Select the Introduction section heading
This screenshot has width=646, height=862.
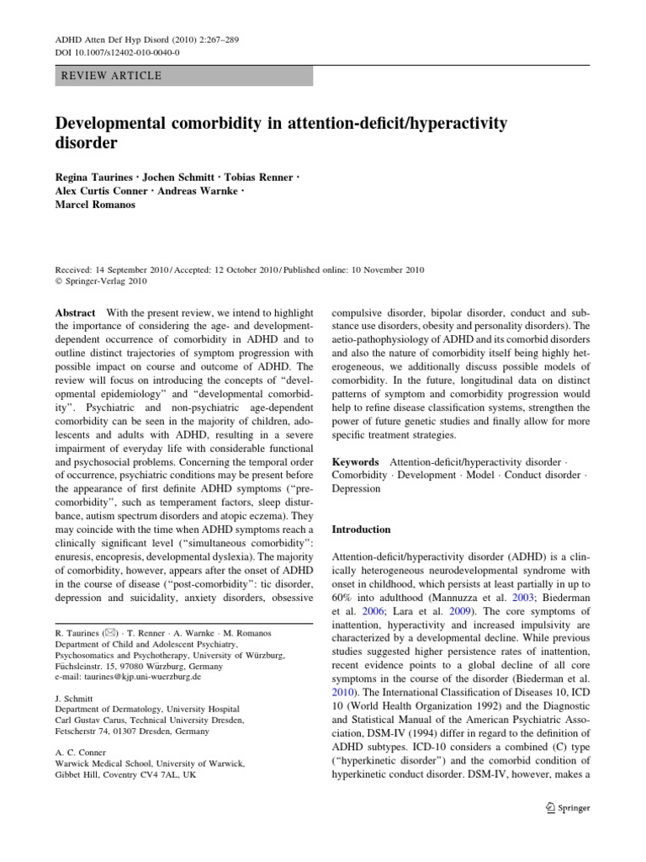coord(362,529)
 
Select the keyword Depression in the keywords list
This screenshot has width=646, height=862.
coord(357,488)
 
